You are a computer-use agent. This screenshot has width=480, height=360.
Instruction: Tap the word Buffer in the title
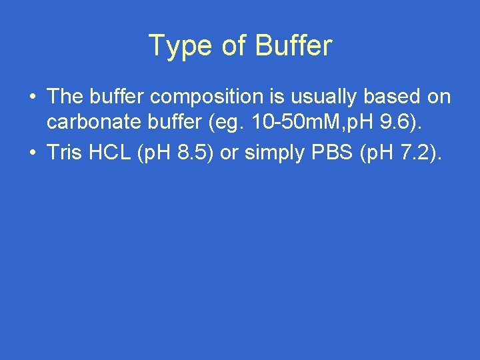[x=293, y=46]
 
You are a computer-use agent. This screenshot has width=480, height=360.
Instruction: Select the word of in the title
[x=235, y=46]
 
